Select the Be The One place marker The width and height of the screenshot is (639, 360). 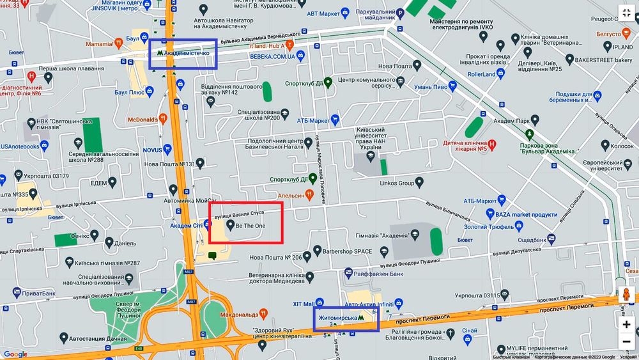231,226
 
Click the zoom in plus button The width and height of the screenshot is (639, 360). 626,324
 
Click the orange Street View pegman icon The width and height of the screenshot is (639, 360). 626,295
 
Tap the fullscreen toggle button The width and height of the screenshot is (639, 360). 626,13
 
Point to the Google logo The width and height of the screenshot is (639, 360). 15,354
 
